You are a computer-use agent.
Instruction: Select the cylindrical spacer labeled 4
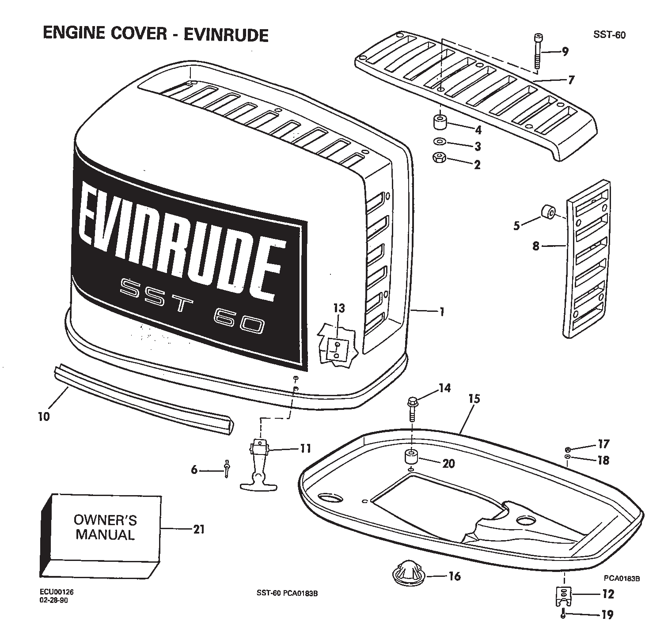440,122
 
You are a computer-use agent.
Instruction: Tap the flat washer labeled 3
440,142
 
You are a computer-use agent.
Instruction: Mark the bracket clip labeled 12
562,596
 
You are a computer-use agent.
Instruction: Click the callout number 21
199,528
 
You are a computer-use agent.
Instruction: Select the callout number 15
474,399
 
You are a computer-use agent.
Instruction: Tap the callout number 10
44,416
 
